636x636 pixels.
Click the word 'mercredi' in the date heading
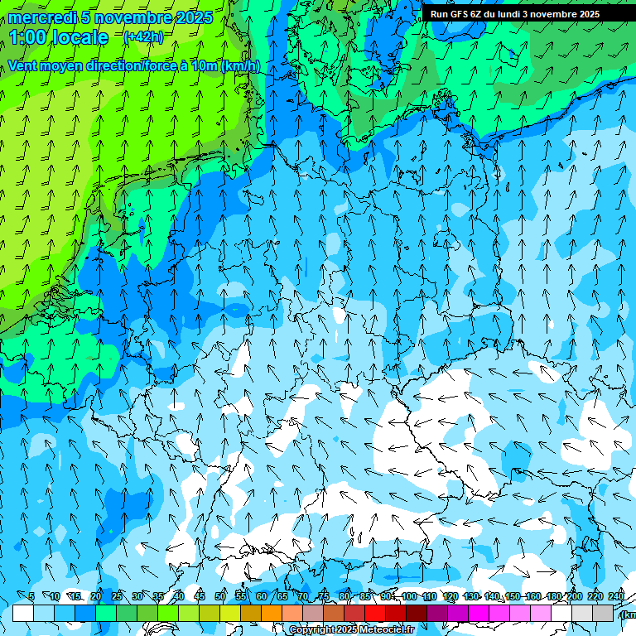point(42,17)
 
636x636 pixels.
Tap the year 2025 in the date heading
point(193,17)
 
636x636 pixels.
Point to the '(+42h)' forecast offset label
point(143,37)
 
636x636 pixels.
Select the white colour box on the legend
point(23,613)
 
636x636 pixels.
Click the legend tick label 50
point(220,597)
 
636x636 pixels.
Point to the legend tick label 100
point(409,597)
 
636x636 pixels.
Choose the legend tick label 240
point(616,597)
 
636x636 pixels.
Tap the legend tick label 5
point(31,597)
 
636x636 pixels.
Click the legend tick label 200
point(575,597)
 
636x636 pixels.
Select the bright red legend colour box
point(375,613)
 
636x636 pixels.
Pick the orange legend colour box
point(272,613)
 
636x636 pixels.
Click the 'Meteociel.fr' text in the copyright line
point(384,630)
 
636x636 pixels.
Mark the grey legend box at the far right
point(603,613)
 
